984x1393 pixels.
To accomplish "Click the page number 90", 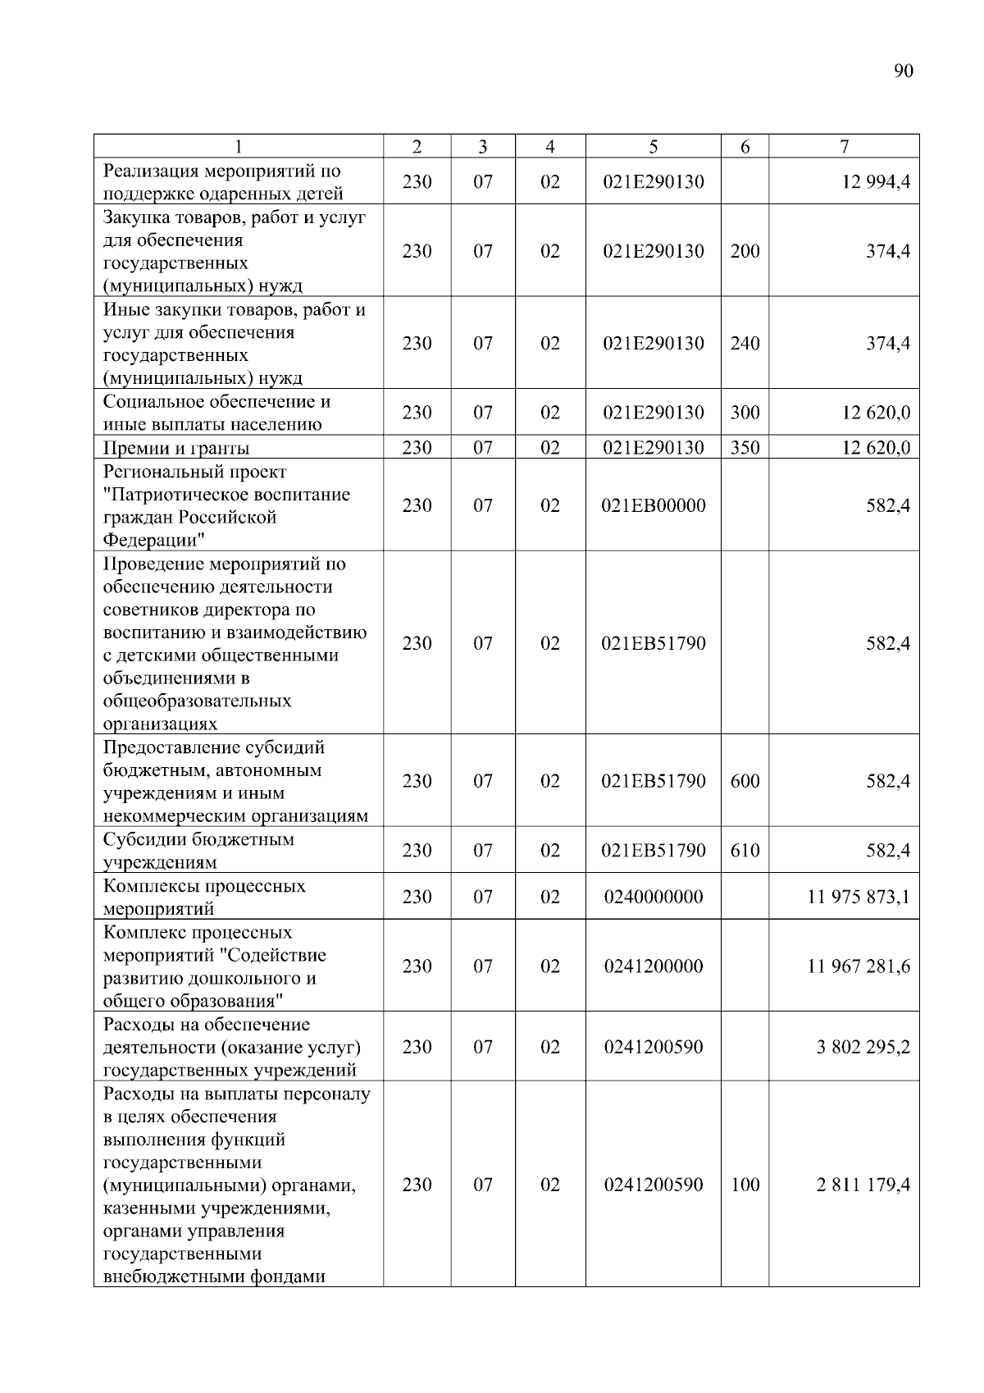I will pos(902,71).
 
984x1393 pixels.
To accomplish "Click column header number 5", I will pos(653,147).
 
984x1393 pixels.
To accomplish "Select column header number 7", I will pos(844,147).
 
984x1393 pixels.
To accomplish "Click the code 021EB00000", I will pos(653,505).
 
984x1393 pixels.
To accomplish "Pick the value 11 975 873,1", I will pos(859,897).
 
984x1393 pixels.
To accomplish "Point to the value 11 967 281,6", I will pos(859,966).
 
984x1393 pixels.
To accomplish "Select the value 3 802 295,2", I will pos(863,1048).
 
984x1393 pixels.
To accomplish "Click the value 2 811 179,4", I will pos(863,1185).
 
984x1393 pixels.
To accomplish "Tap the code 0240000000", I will pos(653,897).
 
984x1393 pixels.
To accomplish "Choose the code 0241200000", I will pos(653,966).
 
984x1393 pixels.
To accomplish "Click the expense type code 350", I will pos(745,448).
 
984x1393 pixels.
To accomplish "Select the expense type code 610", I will pos(745,851).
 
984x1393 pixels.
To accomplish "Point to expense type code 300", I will pos(745,413).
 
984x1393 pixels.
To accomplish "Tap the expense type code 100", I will pos(745,1185).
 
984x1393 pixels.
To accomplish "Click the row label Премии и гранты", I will pos(176,448).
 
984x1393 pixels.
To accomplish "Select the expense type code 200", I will pos(745,251).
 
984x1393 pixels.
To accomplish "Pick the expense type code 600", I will pos(745,781).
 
